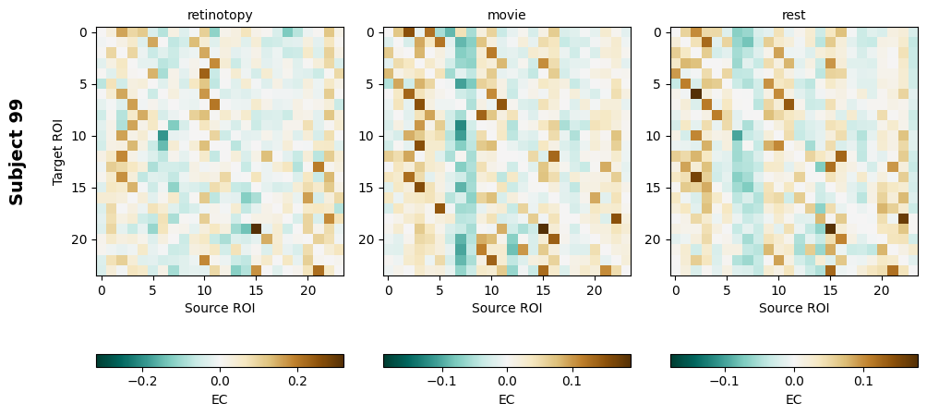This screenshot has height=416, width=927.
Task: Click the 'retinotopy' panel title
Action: tap(220, 16)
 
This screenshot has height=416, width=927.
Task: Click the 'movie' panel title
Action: tap(507, 16)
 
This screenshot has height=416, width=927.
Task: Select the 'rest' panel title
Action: tap(794, 16)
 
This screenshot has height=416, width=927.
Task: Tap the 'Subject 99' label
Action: tap(17, 152)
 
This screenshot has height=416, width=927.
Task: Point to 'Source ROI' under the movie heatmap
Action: tap(507, 308)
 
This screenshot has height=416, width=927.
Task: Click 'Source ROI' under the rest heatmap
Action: tap(794, 308)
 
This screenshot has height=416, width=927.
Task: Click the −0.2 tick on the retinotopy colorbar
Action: tap(141, 380)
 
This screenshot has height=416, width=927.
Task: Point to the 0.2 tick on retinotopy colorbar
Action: tap(297, 380)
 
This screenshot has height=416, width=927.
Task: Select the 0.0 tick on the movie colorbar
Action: tap(507, 380)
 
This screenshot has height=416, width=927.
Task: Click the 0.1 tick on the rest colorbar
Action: tap(863, 380)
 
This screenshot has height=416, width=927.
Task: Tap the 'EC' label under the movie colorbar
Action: tap(507, 399)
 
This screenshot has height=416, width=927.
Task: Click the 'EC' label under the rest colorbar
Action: tap(794, 399)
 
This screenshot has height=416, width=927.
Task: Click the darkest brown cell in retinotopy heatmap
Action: tap(256, 228)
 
